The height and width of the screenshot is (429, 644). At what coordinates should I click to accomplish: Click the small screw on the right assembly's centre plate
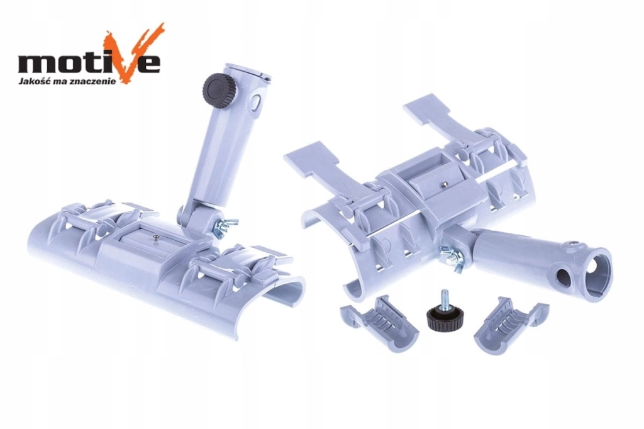pyautogui.click(x=443, y=185)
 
